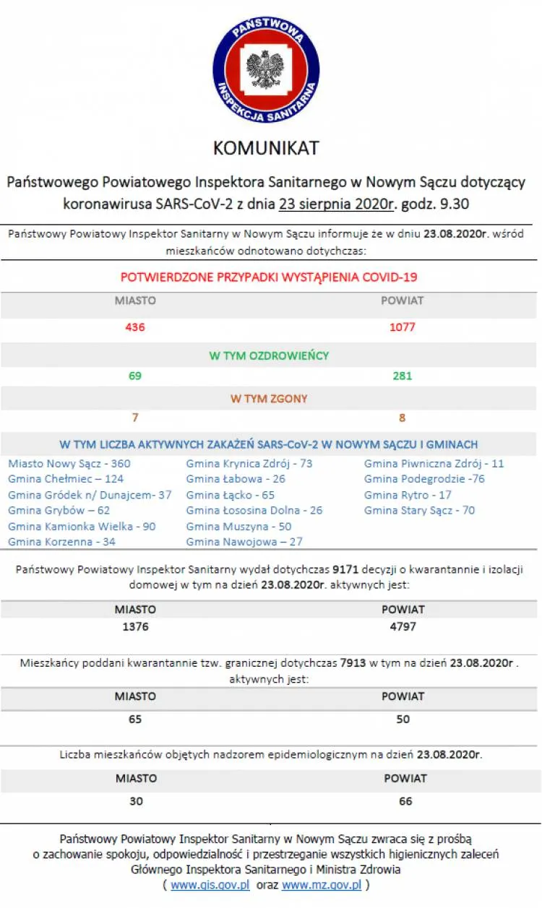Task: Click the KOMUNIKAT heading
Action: coord(266,148)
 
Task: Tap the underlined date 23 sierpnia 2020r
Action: coord(335,204)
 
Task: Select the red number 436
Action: coord(135,327)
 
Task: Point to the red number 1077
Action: coord(403,327)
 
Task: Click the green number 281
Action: coord(403,376)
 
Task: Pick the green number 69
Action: coord(135,376)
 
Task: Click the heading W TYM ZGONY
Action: coord(269,399)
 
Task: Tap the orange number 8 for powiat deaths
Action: coord(403,418)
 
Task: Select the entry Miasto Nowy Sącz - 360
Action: coord(69,464)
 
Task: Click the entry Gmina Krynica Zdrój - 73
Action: coord(249,464)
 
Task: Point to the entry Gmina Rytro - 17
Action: coord(408,495)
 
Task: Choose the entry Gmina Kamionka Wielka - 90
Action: coord(82,527)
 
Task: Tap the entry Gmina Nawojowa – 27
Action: coord(244,542)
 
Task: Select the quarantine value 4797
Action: coord(403,627)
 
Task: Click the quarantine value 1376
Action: coord(135,627)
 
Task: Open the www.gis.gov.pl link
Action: coord(210,885)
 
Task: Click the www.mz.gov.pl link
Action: coord(322,885)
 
